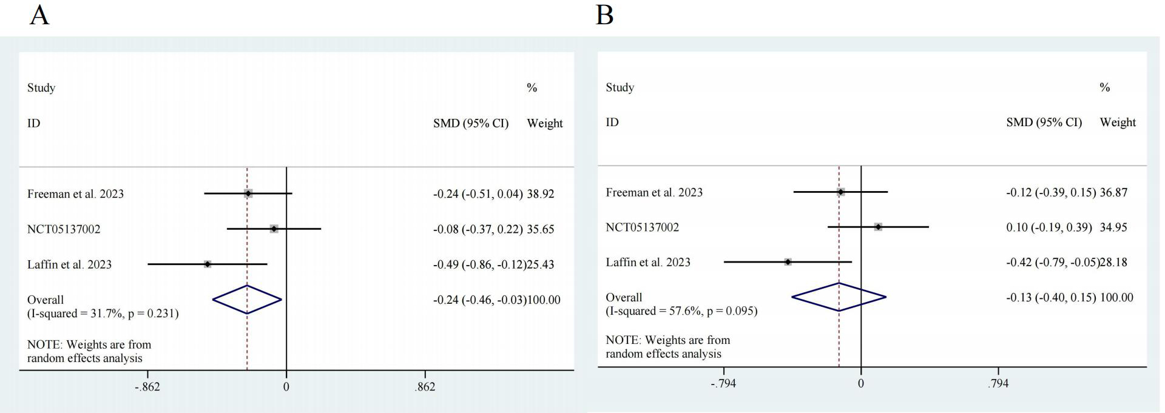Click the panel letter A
tap(39, 15)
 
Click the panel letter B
tap(604, 15)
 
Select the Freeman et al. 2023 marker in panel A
tap(248, 193)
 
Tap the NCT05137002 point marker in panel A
tap(274, 229)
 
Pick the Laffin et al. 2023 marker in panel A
tap(208, 264)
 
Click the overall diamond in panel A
tap(247, 299)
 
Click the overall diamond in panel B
tap(839, 297)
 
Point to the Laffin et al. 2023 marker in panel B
tap(788, 262)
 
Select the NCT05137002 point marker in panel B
tap(878, 227)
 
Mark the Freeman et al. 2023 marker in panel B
tap(840, 192)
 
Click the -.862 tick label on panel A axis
tap(147, 387)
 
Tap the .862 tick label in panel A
tap(425, 387)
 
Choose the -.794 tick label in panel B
tap(723, 383)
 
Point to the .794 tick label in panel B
tap(998, 383)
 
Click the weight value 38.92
tap(540, 194)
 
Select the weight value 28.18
tap(1113, 263)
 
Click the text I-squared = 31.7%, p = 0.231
tap(103, 314)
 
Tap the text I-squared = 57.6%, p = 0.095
tap(681, 311)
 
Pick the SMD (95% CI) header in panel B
tap(1044, 123)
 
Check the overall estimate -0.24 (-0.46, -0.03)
tap(479, 300)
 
